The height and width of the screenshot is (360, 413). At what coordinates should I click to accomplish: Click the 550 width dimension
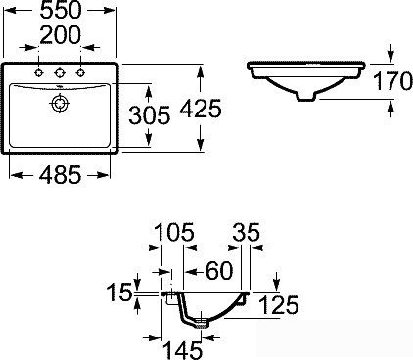[61, 10]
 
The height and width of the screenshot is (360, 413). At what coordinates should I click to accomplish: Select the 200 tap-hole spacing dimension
[61, 35]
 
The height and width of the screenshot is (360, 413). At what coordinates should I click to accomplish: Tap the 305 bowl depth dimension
[150, 115]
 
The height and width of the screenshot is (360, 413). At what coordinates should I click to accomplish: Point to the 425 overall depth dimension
[201, 109]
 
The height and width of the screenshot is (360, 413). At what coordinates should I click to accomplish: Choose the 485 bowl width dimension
[60, 175]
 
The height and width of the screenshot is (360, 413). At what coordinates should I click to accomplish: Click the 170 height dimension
[392, 81]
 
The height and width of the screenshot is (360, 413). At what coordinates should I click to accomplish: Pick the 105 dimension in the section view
[174, 232]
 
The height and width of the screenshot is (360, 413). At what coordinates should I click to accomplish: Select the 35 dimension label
[247, 232]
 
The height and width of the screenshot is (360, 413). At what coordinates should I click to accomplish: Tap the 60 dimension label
[219, 271]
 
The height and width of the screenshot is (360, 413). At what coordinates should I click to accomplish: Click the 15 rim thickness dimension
[119, 292]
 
